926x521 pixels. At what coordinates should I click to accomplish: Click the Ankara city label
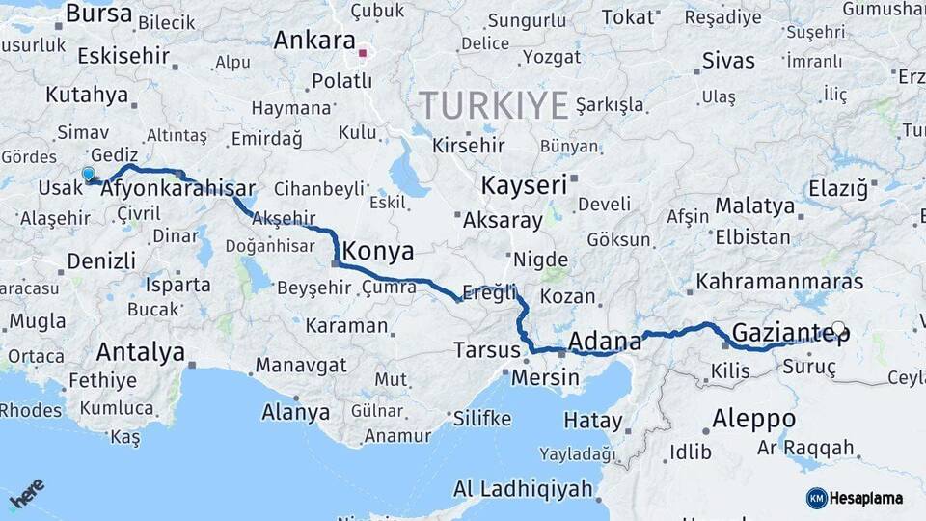click(x=314, y=41)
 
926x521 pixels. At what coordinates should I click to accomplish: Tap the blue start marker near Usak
click(x=89, y=175)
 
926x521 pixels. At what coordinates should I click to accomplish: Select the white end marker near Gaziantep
click(x=838, y=328)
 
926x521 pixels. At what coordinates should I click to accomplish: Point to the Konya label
click(x=378, y=252)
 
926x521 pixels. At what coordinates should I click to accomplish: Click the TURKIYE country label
click(x=494, y=105)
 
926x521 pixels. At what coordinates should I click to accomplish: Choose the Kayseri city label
click(x=523, y=185)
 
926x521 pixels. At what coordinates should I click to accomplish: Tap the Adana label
click(x=605, y=342)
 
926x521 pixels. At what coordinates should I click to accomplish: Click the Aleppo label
click(x=754, y=419)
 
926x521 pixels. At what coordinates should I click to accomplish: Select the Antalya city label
click(x=141, y=352)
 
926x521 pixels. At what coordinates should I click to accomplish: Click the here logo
click(x=27, y=493)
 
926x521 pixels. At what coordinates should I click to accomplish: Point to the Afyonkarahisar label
click(x=177, y=189)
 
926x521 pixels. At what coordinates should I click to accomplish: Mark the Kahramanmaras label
click(x=779, y=282)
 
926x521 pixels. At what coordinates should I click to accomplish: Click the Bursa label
click(x=99, y=14)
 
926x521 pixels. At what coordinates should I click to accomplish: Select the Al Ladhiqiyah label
click(x=523, y=489)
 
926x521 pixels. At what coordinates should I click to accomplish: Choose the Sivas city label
click(x=728, y=61)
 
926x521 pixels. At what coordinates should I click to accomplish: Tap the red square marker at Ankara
click(x=364, y=53)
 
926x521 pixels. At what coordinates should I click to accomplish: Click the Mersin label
click(x=545, y=377)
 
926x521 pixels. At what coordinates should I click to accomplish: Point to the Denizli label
click(x=101, y=260)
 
